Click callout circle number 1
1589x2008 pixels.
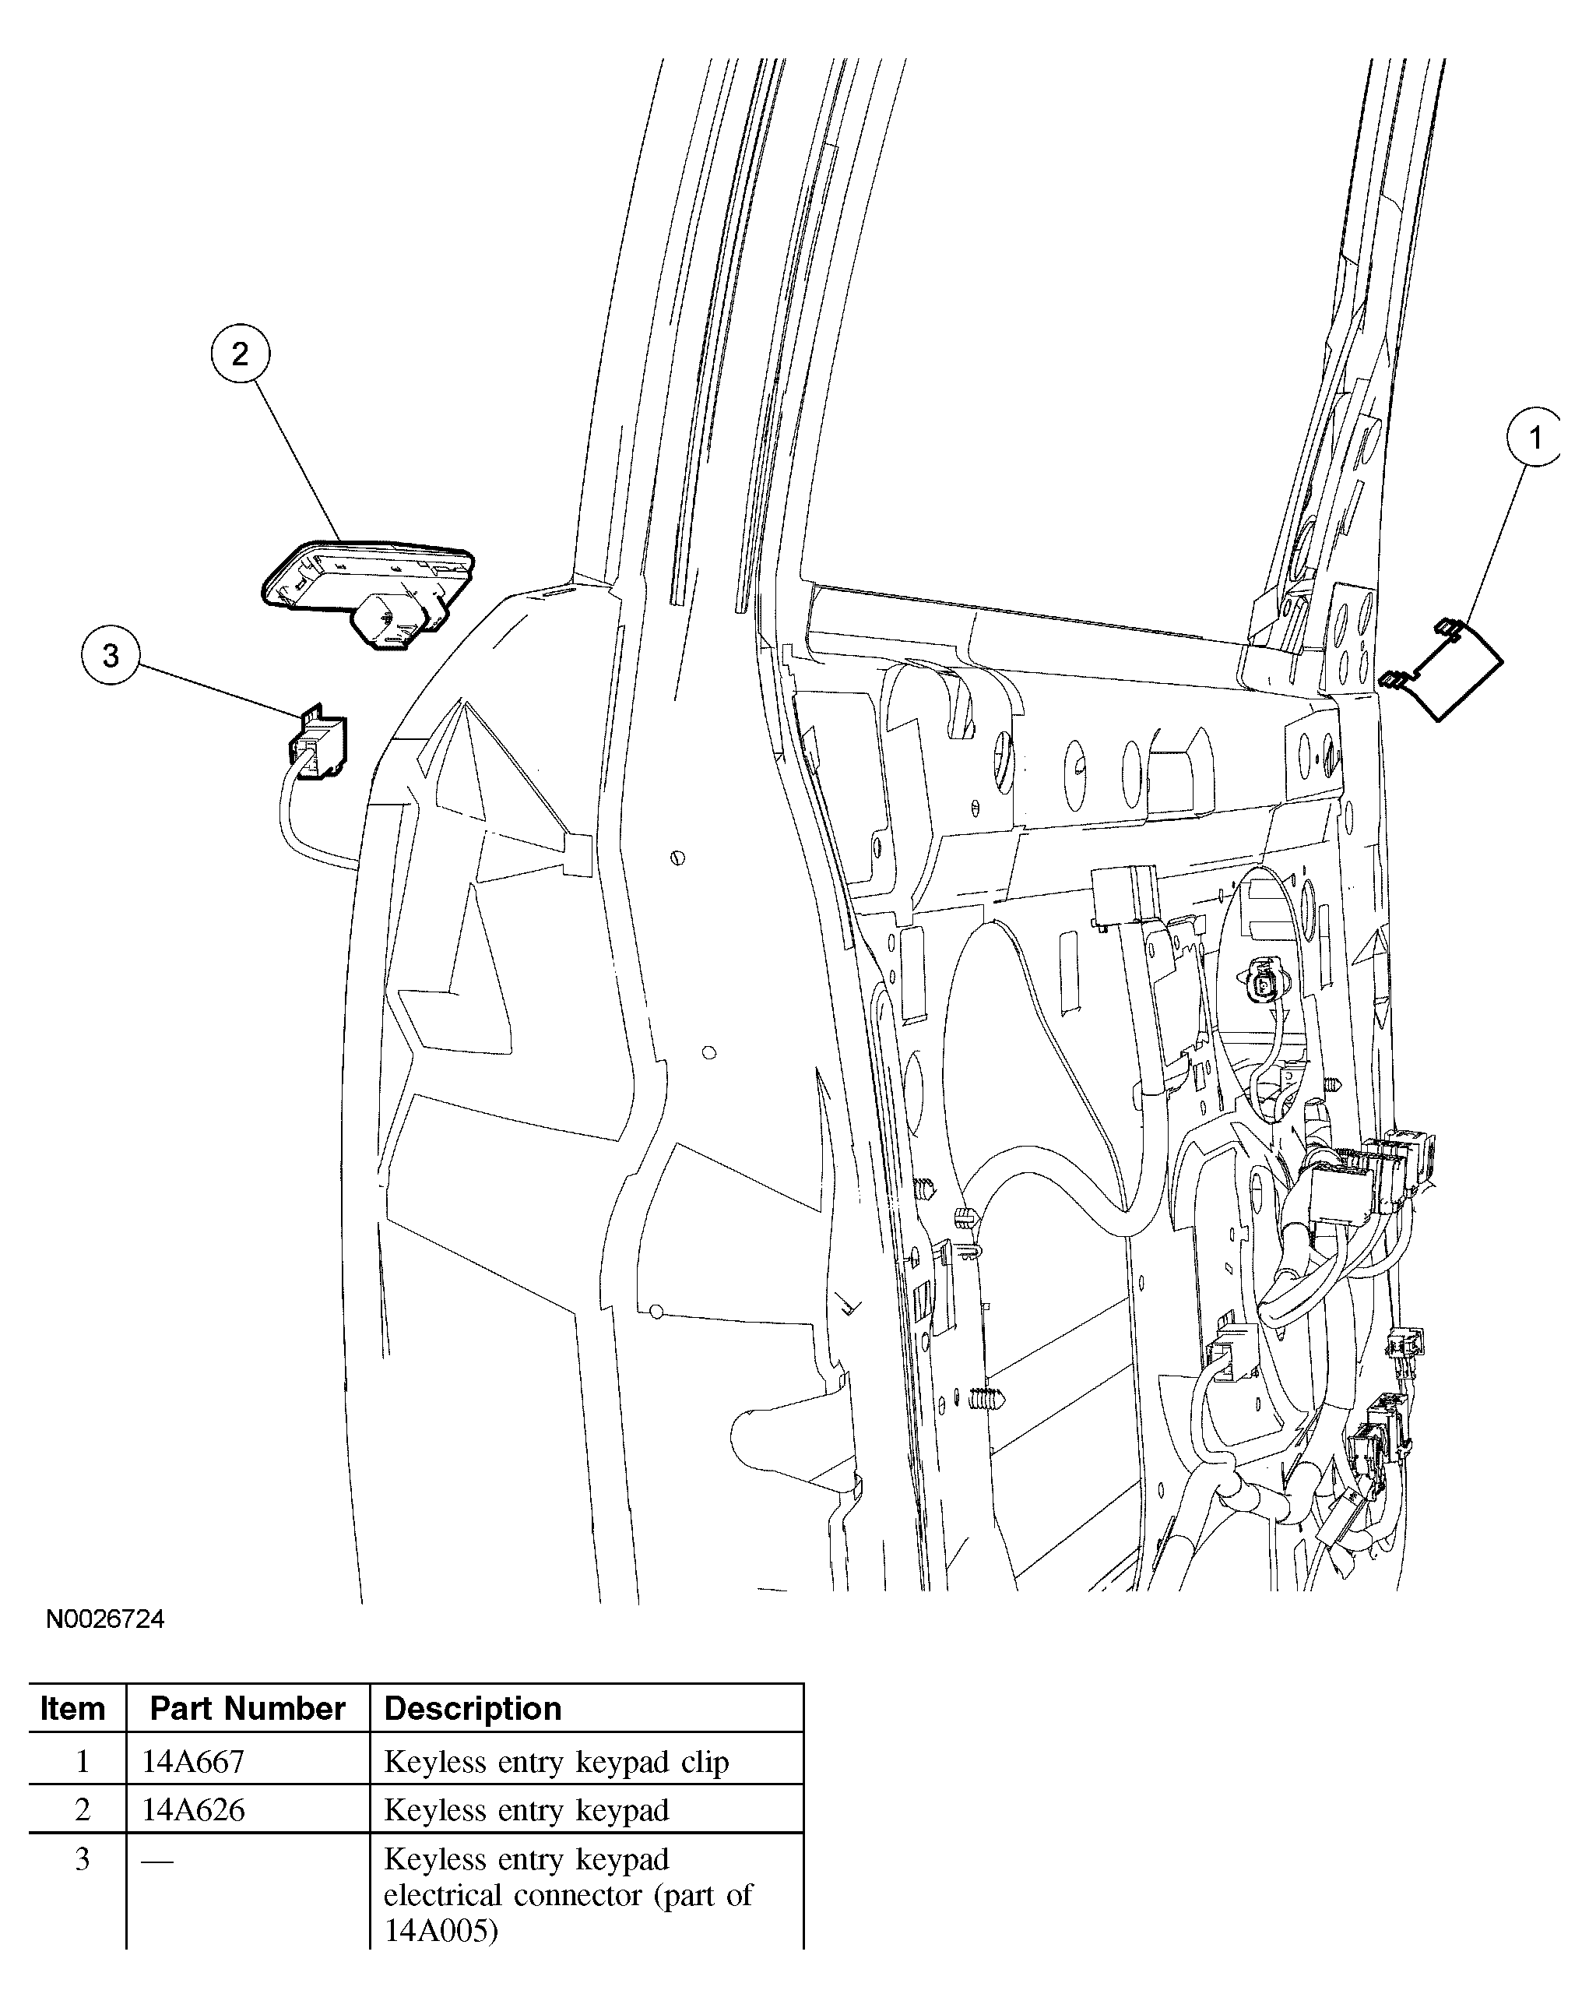point(1534,437)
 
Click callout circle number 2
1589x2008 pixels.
point(240,354)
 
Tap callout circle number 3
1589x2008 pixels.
point(111,656)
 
